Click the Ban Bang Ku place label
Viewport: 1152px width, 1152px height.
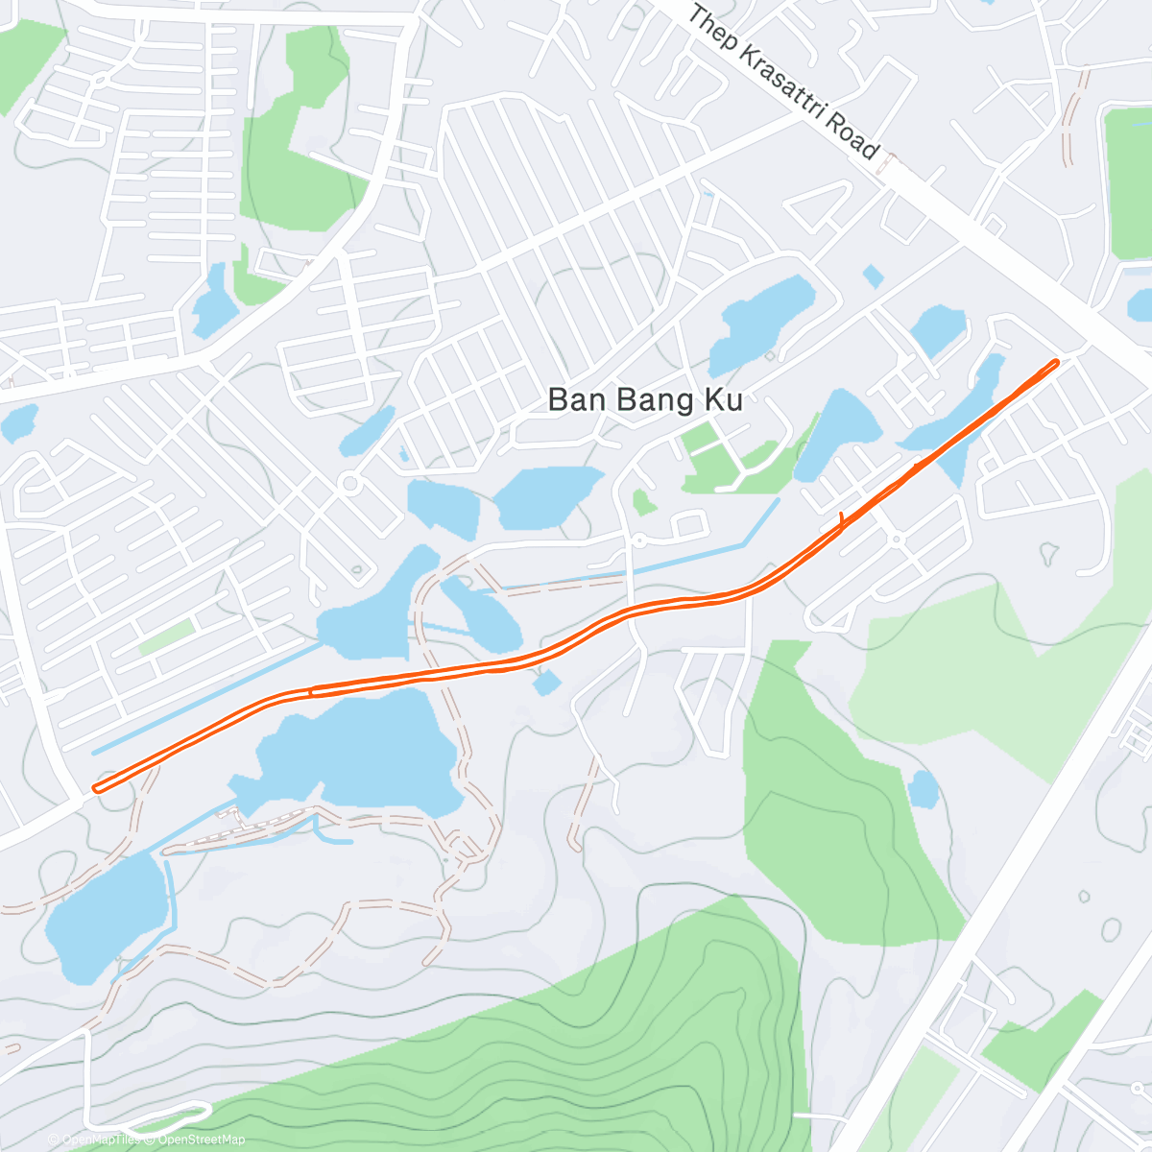pyautogui.click(x=645, y=399)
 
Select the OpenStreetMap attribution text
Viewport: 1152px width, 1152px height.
pyautogui.click(x=202, y=1140)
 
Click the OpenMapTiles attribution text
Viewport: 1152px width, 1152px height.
pyautogui.click(x=101, y=1140)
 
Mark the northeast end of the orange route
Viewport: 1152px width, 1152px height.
pyautogui.click(x=1056, y=362)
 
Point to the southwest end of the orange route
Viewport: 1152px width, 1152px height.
pyautogui.click(x=97, y=789)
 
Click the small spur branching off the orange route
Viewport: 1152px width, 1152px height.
pyautogui.click(x=842, y=519)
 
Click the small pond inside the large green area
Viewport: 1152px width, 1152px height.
pyautogui.click(x=924, y=788)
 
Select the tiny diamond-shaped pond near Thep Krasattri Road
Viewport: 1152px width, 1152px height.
pyautogui.click(x=873, y=276)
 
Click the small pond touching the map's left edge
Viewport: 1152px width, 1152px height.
pyautogui.click(x=19, y=422)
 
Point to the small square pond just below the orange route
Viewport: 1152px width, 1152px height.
pyautogui.click(x=545, y=683)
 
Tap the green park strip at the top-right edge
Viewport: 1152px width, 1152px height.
pyautogui.click(x=1127, y=182)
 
